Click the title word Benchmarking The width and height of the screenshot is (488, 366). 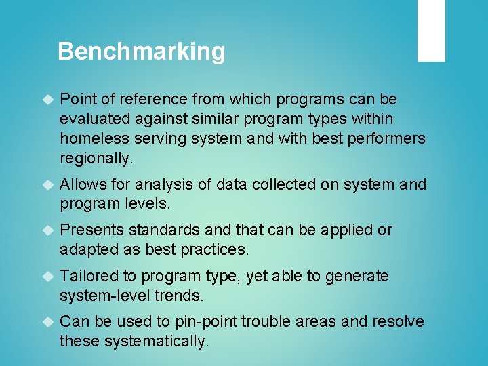[x=141, y=52]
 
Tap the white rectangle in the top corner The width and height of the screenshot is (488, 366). [x=431, y=30]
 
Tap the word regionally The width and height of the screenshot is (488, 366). [x=96, y=159]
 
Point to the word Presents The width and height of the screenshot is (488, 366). [x=89, y=230]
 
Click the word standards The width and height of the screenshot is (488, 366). [x=160, y=230]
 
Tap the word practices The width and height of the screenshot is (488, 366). [x=215, y=250]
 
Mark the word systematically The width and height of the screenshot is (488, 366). [x=156, y=342]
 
